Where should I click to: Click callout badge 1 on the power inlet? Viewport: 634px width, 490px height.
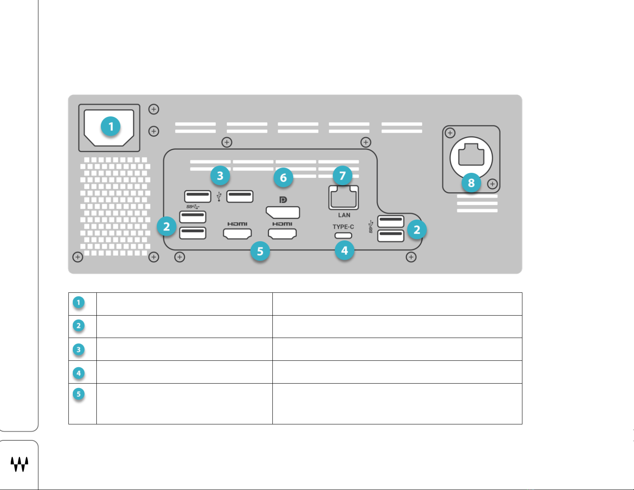pyautogui.click(x=111, y=127)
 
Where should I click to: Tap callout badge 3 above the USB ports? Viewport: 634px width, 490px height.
pyautogui.click(x=220, y=176)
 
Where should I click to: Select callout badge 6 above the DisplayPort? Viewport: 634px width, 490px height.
pyautogui.click(x=283, y=177)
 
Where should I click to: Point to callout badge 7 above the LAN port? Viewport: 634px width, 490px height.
pyautogui.click(x=342, y=176)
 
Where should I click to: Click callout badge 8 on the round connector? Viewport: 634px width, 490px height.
pyautogui.click(x=471, y=183)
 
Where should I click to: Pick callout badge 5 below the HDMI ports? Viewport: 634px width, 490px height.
pyautogui.click(x=260, y=251)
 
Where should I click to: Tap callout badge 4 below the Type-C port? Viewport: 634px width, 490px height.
pyautogui.click(x=344, y=251)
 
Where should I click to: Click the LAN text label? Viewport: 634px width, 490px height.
pyautogui.click(x=344, y=215)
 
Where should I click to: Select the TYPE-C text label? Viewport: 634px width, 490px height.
pyautogui.click(x=343, y=227)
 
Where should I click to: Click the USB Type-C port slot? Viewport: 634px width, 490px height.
pyautogui.click(x=343, y=235)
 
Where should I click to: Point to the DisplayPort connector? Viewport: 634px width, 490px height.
pyautogui.click(x=283, y=212)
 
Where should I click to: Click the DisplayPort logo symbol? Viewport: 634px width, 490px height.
pyautogui.click(x=283, y=200)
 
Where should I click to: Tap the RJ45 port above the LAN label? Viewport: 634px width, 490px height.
pyautogui.click(x=344, y=198)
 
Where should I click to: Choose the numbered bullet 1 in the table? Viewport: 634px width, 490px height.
pyautogui.click(x=78, y=302)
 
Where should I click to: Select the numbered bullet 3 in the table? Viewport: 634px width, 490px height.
pyautogui.click(x=78, y=350)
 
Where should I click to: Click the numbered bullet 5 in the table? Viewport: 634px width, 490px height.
pyautogui.click(x=78, y=394)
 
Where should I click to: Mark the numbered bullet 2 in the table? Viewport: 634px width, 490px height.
pyautogui.click(x=78, y=326)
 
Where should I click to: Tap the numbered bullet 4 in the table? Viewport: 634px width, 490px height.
pyautogui.click(x=78, y=373)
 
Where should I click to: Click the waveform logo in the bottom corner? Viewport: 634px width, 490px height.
pyautogui.click(x=19, y=464)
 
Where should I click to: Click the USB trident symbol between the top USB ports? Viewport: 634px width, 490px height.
pyautogui.click(x=219, y=197)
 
